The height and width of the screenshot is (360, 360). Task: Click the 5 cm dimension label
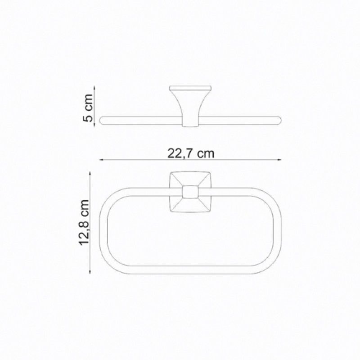pyautogui.click(x=88, y=108)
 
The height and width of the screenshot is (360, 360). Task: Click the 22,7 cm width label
pyautogui.click(x=190, y=153)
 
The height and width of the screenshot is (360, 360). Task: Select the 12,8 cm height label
pyautogui.click(x=84, y=223)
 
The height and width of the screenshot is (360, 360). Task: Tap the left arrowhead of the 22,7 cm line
pyautogui.click(x=101, y=160)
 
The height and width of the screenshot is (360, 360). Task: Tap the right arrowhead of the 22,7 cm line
pyautogui.click(x=279, y=160)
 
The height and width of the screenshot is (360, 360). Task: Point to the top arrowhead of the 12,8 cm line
pyautogui.click(x=90, y=174)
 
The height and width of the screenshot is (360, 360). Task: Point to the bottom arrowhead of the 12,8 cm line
pyautogui.click(x=90, y=271)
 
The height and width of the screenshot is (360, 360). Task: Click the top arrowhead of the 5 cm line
pyautogui.click(x=94, y=88)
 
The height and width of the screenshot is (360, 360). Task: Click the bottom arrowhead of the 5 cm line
pyautogui.click(x=94, y=124)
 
